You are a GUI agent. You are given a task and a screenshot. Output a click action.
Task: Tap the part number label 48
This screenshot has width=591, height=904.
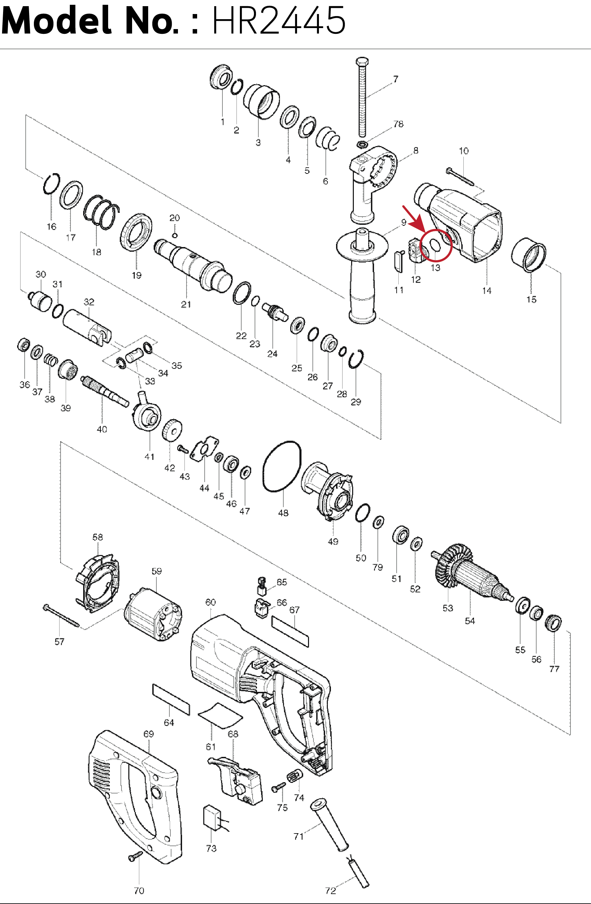click(x=283, y=513)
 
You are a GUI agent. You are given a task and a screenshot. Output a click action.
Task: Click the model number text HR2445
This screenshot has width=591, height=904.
click(x=279, y=21)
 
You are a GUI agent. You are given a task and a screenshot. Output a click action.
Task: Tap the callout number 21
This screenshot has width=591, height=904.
click(x=186, y=304)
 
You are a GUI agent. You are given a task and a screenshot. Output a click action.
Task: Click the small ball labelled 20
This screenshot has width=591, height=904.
click(x=174, y=235)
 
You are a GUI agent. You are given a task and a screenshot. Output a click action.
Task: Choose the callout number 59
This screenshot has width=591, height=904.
click(x=156, y=571)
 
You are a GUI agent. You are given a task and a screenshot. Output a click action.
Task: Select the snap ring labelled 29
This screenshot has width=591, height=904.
click(x=356, y=359)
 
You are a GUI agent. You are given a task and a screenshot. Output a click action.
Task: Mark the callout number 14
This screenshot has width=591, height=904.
click(x=487, y=290)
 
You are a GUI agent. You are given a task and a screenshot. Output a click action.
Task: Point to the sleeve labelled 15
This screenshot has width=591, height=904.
click(x=528, y=255)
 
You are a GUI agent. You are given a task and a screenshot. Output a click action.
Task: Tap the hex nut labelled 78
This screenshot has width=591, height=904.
click(x=362, y=144)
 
